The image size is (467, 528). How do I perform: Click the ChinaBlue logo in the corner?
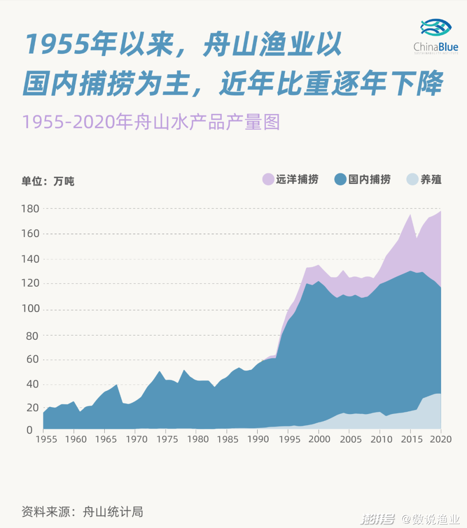436,36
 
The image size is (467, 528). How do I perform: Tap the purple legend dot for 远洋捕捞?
268,179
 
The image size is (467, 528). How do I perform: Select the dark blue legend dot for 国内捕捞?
340,179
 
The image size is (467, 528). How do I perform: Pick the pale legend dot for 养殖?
413,179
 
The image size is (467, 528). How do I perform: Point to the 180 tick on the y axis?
30,209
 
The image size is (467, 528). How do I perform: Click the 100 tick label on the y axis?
30,309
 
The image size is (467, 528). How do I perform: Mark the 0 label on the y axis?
29,430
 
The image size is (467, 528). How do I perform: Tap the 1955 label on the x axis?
46,439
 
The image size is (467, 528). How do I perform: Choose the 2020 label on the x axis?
441,439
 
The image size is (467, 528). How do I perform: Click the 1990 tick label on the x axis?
258,439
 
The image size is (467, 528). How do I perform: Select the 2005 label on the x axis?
350,439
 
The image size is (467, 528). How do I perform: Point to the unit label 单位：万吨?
48,181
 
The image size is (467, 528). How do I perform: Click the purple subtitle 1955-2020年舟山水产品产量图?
151,122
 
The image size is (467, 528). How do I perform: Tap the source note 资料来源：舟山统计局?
82,512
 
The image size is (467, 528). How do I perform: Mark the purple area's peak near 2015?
410,215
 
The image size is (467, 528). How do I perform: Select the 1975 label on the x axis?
167,439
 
